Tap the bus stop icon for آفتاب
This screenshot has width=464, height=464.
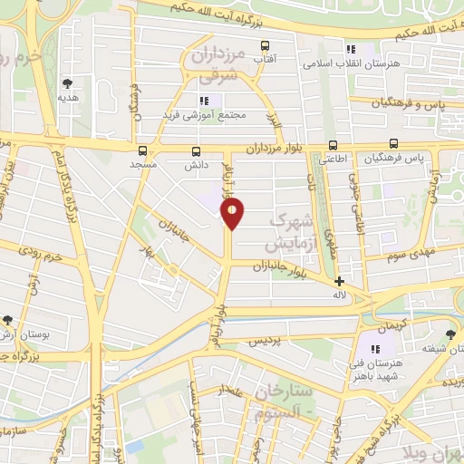[x=266, y=45]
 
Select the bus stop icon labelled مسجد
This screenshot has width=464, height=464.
[x=143, y=151]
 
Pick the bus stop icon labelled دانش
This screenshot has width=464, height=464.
[x=197, y=151]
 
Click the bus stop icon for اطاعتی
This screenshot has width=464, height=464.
[x=333, y=145]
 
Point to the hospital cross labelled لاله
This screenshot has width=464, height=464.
[x=339, y=282]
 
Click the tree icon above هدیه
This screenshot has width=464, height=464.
[x=65, y=82]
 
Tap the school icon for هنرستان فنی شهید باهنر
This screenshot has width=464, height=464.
[x=376, y=349]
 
